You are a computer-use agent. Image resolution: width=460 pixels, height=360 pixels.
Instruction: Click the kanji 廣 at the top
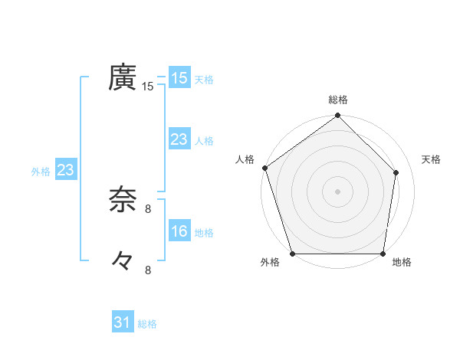(123, 78)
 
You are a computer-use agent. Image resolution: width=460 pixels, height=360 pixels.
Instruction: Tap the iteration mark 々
(122, 261)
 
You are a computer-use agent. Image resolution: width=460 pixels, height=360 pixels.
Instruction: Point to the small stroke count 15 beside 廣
(148, 87)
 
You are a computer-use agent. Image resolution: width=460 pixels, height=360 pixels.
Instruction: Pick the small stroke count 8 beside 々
(148, 269)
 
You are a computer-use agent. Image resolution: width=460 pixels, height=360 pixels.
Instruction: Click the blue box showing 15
(179, 78)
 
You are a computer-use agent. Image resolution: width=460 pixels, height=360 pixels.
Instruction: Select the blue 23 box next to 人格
(179, 139)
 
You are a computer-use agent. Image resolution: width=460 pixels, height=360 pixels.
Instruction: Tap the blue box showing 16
(179, 231)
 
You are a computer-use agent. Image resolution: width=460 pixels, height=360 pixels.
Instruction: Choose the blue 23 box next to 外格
(65, 170)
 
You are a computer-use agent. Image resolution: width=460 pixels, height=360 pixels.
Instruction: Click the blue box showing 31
(122, 322)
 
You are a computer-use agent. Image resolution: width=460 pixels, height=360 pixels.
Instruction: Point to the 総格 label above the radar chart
(338, 100)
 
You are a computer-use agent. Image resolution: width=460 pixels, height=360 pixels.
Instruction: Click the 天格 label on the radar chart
(431, 159)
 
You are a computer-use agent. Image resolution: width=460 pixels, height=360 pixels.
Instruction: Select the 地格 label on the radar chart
(402, 263)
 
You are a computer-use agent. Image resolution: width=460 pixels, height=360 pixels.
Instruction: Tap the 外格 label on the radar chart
(270, 263)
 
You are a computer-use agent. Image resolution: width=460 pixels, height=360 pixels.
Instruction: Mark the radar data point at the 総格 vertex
(338, 116)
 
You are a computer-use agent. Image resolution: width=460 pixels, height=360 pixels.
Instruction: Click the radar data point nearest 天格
(397, 172)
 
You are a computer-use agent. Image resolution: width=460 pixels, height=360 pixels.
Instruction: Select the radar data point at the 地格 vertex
(383, 254)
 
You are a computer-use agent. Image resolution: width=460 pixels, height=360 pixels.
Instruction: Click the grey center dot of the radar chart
(338, 191)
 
